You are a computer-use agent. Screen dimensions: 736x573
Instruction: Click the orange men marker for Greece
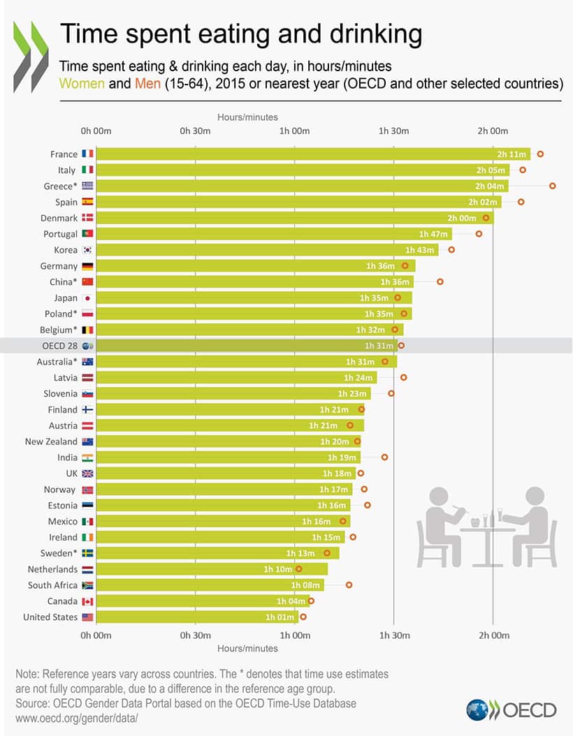553,186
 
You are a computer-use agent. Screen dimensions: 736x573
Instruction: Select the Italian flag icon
87,170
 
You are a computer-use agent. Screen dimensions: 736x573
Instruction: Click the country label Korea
66,250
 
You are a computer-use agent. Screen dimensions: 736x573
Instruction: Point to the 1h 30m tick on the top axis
393,131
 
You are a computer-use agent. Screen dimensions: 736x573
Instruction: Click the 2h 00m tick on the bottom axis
493,635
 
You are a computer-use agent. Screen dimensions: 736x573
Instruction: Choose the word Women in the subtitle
82,84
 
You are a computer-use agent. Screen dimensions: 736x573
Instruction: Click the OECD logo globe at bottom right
479,710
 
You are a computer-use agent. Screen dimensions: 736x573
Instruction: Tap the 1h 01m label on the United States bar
280,617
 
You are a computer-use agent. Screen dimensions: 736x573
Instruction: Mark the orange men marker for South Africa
349,585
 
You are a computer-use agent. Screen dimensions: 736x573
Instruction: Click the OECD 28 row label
59,346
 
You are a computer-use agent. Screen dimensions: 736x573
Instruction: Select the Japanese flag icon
87,298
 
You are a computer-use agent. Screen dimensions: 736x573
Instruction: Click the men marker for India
384,457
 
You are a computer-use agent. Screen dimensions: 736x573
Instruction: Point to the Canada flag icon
87,601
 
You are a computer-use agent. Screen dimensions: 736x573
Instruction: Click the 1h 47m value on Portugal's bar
433,234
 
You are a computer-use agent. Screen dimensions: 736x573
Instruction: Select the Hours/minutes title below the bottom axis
247,648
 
